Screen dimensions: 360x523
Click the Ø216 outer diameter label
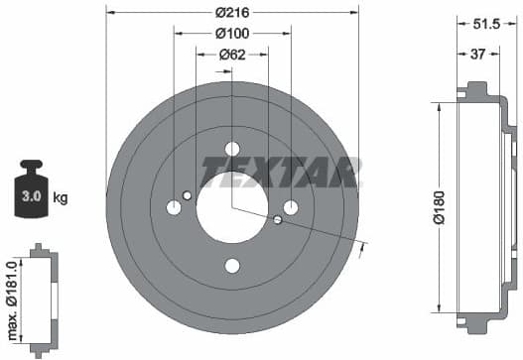232,13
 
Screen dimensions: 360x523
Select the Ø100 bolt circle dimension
232,34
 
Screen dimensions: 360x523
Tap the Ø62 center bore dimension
232,55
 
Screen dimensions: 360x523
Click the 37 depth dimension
478,55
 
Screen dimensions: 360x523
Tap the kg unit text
60,198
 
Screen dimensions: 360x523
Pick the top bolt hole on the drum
232,148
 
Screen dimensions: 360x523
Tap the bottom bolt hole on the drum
232,265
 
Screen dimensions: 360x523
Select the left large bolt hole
174,207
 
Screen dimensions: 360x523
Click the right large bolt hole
291,206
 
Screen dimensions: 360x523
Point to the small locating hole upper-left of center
188,194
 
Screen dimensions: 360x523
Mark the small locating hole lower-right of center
277,219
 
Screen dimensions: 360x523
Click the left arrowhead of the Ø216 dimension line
109,13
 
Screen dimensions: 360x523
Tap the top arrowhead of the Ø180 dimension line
437,103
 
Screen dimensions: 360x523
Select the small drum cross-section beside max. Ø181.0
41,300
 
